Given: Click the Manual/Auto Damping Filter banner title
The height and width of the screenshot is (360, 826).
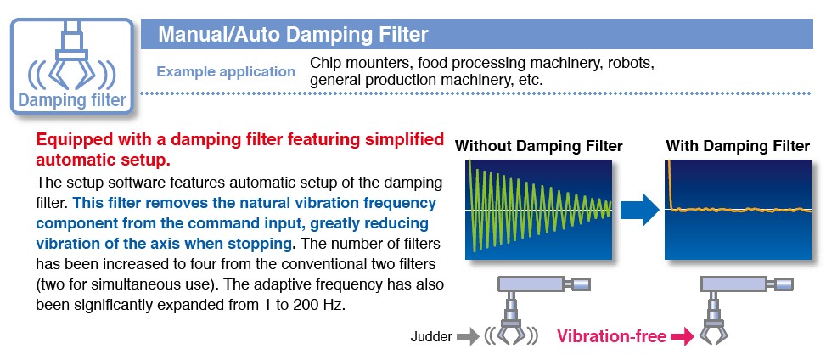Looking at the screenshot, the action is (293, 35).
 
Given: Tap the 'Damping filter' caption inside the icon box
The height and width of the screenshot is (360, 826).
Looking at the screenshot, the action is (72, 100).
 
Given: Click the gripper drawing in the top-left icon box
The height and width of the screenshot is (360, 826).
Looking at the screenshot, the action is (71, 55).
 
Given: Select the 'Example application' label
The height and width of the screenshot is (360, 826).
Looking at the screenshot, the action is (226, 71).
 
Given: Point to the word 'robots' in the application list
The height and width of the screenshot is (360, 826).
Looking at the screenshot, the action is (629, 63).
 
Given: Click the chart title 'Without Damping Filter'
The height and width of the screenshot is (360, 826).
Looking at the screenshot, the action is (538, 146).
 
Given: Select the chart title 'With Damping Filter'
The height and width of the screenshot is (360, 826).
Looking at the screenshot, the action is (738, 146).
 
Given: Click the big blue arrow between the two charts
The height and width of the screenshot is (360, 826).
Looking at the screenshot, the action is (639, 209).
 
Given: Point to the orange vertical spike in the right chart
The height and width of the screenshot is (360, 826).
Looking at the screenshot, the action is (670, 184).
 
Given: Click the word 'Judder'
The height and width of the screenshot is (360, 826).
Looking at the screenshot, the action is (431, 337).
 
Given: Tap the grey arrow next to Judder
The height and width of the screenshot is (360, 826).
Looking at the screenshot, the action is (467, 336).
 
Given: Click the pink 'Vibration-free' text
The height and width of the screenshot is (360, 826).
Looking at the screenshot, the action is (611, 336).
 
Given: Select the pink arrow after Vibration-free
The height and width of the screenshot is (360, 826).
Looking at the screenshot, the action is (683, 337).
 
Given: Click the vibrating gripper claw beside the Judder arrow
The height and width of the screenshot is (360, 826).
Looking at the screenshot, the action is (510, 333).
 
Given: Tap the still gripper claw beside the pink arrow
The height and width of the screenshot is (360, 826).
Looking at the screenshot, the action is (714, 333).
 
